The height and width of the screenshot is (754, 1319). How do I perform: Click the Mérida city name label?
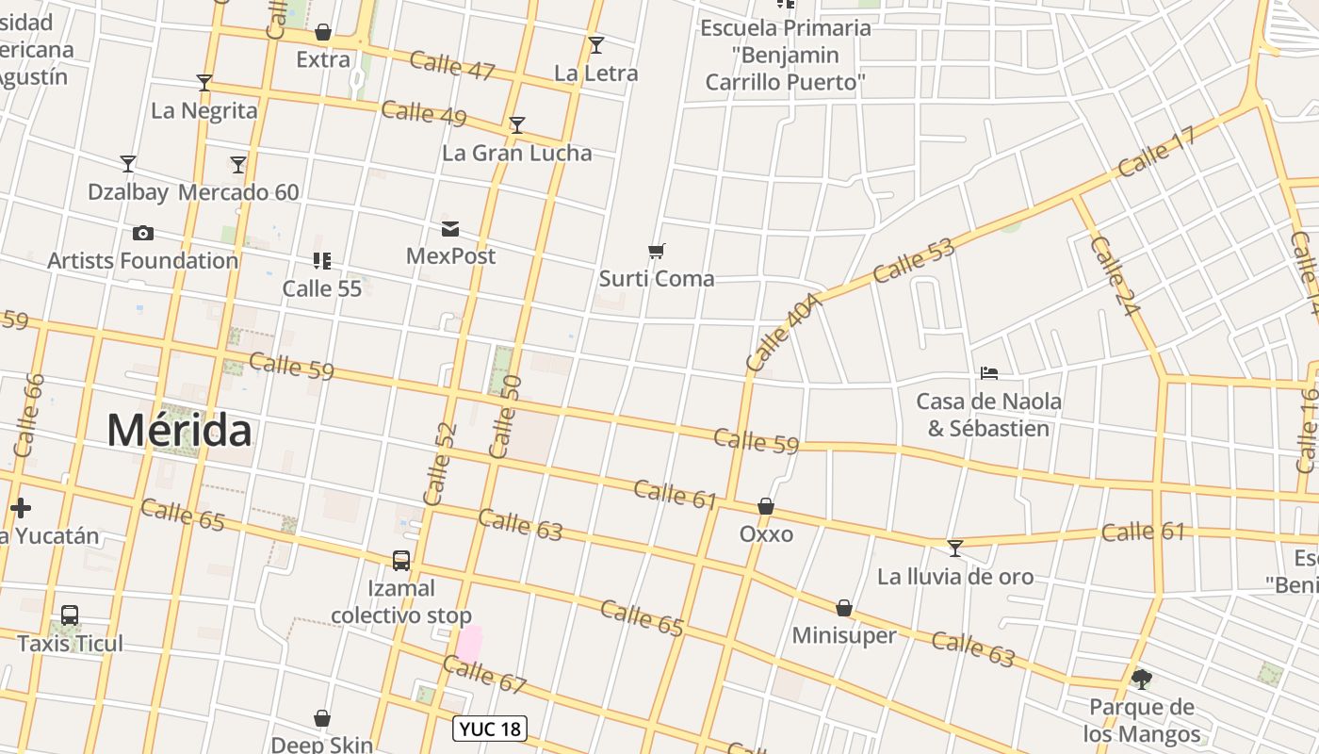[179, 431]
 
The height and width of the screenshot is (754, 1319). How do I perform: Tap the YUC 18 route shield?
[490, 729]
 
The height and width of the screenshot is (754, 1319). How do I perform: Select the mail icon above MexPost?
[450, 228]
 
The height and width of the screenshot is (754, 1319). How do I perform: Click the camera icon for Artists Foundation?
[143, 233]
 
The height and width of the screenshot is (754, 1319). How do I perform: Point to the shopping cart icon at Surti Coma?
[657, 251]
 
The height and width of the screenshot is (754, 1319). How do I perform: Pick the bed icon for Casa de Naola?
[989, 373]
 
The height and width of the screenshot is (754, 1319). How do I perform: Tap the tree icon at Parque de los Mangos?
[1141, 679]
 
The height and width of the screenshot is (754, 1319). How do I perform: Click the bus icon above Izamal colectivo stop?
[401, 560]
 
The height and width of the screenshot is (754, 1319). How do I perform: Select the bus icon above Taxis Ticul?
[70, 615]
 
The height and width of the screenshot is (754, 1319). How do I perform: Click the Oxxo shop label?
[766, 534]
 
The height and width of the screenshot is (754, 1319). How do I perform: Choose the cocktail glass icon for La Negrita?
[204, 83]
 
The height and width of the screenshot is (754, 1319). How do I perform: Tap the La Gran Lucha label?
[517, 153]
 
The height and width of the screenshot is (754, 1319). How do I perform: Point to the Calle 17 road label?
[1156, 151]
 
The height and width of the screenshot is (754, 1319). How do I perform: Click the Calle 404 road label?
[783, 331]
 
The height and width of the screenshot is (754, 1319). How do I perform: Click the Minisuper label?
[844, 635]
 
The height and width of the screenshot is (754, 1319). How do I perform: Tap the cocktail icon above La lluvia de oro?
[955, 548]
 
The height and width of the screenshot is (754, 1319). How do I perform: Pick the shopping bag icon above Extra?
[323, 33]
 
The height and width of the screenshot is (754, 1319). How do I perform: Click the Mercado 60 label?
[238, 192]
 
